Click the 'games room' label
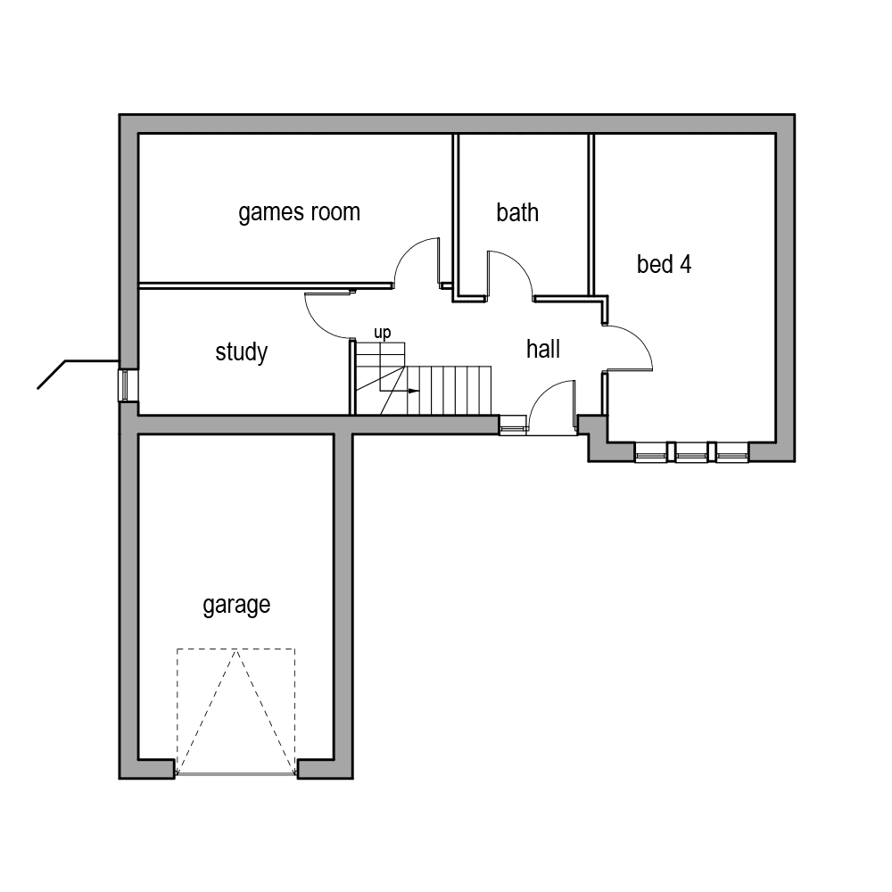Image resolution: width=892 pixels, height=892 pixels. click(x=299, y=212)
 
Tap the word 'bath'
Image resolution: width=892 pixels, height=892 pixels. click(x=517, y=213)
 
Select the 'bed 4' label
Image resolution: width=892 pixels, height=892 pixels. click(x=664, y=264)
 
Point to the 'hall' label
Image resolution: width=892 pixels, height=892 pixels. click(x=542, y=349)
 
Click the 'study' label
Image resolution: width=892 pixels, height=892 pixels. click(x=241, y=351)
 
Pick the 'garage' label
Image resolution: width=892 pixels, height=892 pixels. click(x=236, y=605)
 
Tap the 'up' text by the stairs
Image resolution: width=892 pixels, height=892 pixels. click(x=382, y=333)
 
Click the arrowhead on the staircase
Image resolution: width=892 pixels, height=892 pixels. click(x=414, y=391)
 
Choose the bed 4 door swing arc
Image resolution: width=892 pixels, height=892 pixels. click(x=643, y=339)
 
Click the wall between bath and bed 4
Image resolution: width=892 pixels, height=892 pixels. click(x=591, y=214)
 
